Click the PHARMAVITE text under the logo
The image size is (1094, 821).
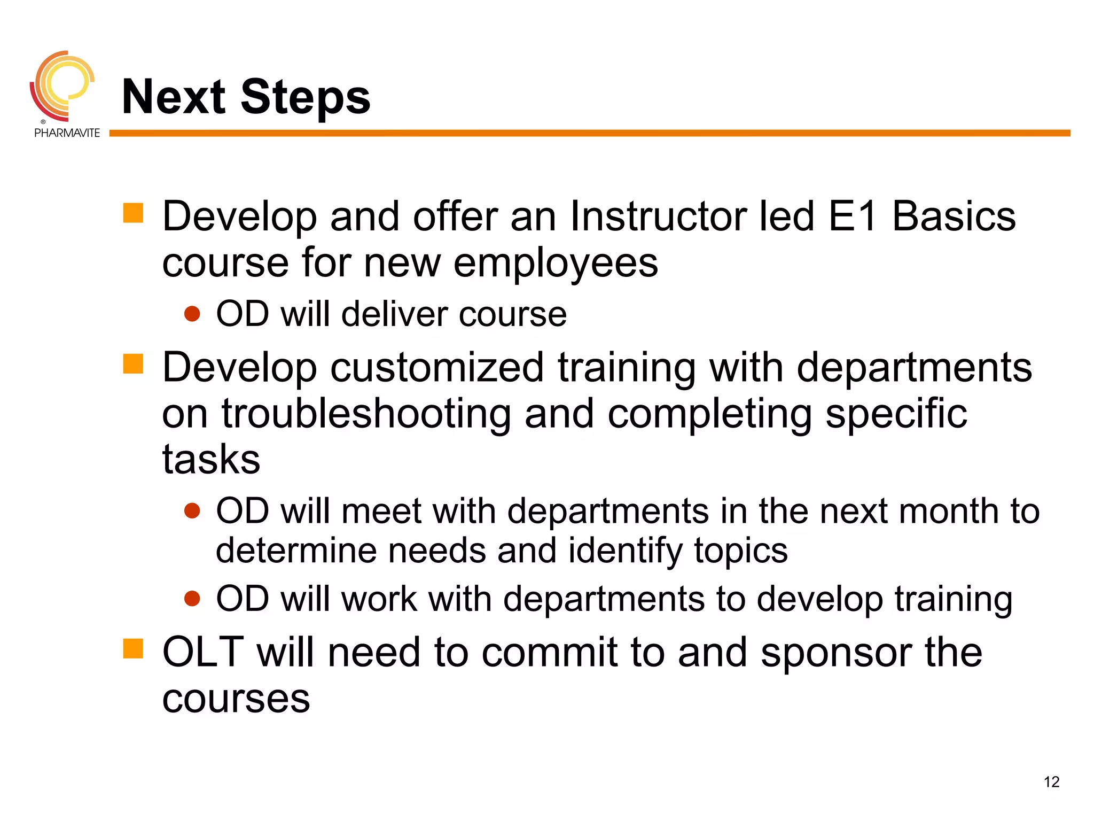67,133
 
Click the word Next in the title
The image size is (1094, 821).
174,97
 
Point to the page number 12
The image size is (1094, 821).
1051,782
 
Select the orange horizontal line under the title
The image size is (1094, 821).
588,133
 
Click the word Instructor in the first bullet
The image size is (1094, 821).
658,216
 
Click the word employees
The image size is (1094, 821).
556,263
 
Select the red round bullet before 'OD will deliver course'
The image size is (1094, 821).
192,314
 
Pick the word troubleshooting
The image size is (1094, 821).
366,414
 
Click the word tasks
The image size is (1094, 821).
211,460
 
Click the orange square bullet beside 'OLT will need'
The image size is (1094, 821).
133,649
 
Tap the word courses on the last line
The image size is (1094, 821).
236,699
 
